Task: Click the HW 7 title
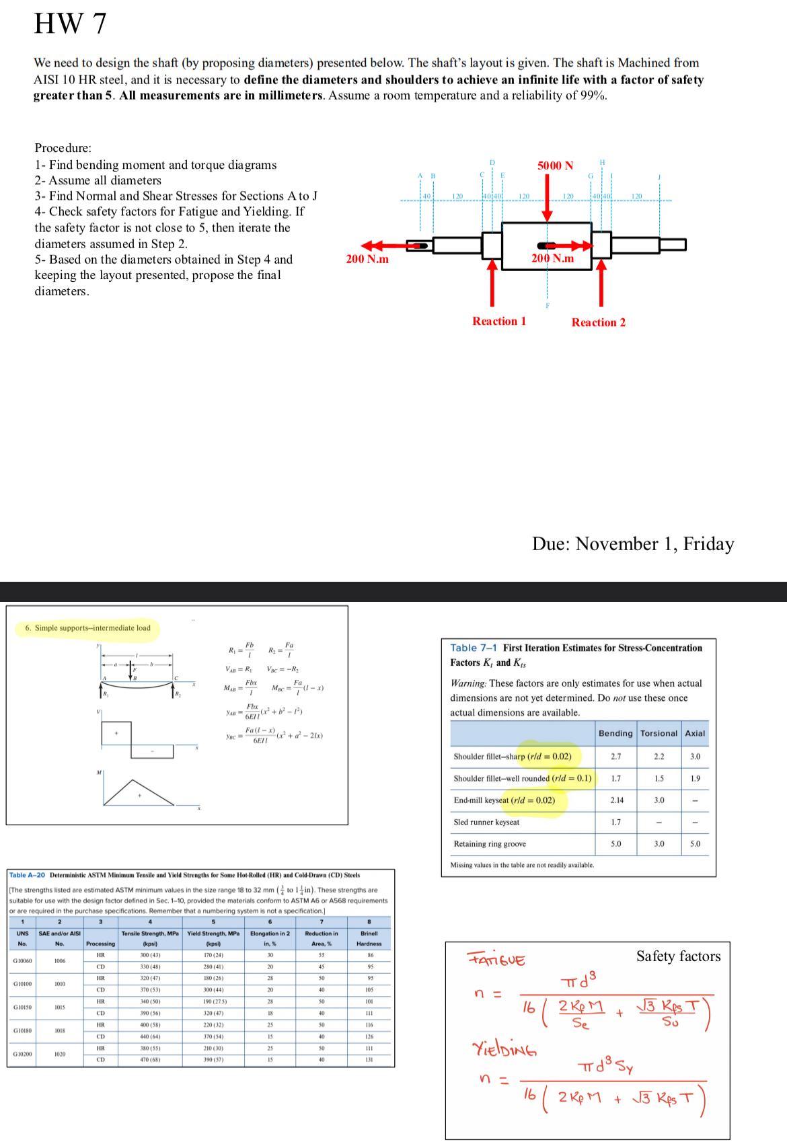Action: (x=70, y=24)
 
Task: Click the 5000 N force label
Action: (x=555, y=165)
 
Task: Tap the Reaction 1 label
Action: (x=499, y=321)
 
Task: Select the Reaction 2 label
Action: (x=598, y=322)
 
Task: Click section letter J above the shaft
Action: (x=659, y=178)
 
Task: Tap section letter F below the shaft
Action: (x=548, y=305)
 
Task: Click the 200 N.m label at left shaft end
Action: (x=367, y=259)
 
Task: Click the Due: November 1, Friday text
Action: (x=632, y=543)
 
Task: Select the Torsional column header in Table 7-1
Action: (x=659, y=733)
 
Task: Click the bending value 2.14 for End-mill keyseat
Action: (x=616, y=800)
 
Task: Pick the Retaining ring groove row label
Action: (x=490, y=843)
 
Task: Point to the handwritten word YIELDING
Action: (x=504, y=1048)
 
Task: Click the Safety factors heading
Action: (x=678, y=956)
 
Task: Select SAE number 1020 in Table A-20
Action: (x=60, y=1054)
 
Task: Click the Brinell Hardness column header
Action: (x=369, y=938)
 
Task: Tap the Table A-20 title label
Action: (x=27, y=875)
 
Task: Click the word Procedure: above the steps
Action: (x=63, y=148)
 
